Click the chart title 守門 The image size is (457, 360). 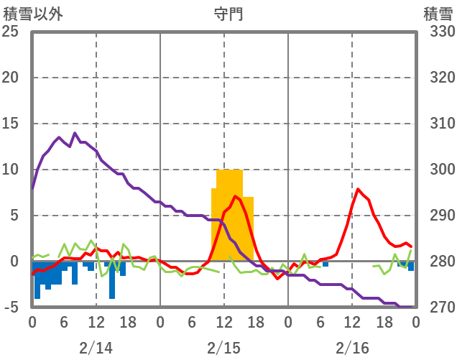[x=228, y=14]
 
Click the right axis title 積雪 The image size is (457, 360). [x=437, y=14]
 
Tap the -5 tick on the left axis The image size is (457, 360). [x=11, y=308]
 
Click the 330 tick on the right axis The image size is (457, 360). [x=438, y=32]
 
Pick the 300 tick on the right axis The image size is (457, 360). [x=438, y=170]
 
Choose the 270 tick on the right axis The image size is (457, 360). [x=438, y=308]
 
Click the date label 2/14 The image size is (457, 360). [x=96, y=348]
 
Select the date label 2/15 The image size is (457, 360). [x=223, y=348]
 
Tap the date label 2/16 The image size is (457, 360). [x=351, y=348]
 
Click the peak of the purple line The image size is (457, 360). [x=75, y=133]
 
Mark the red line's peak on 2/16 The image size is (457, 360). [x=358, y=189]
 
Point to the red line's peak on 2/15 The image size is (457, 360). [x=235, y=196]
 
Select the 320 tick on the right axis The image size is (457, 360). [x=438, y=78]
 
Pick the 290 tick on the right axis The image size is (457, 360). [x=438, y=216]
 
